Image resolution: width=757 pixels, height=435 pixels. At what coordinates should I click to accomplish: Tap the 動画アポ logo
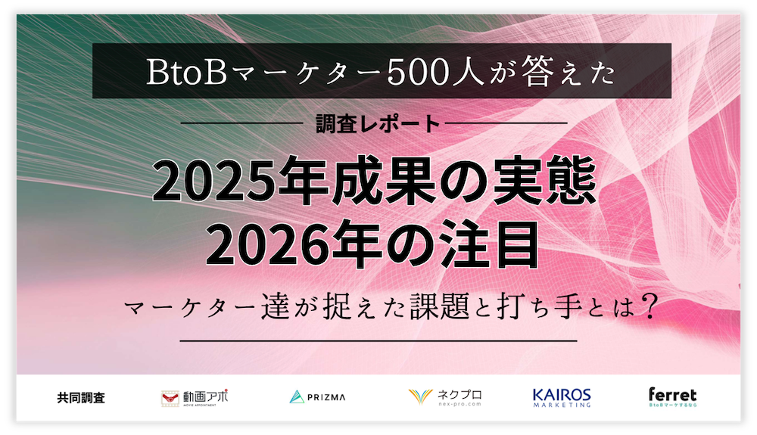coord(194,397)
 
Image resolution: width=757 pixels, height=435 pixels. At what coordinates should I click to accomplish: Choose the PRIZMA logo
coord(317,396)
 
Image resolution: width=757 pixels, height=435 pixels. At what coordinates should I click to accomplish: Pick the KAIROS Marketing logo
coord(561,397)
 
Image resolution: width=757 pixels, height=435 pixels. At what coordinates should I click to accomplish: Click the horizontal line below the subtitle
coord(378,341)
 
